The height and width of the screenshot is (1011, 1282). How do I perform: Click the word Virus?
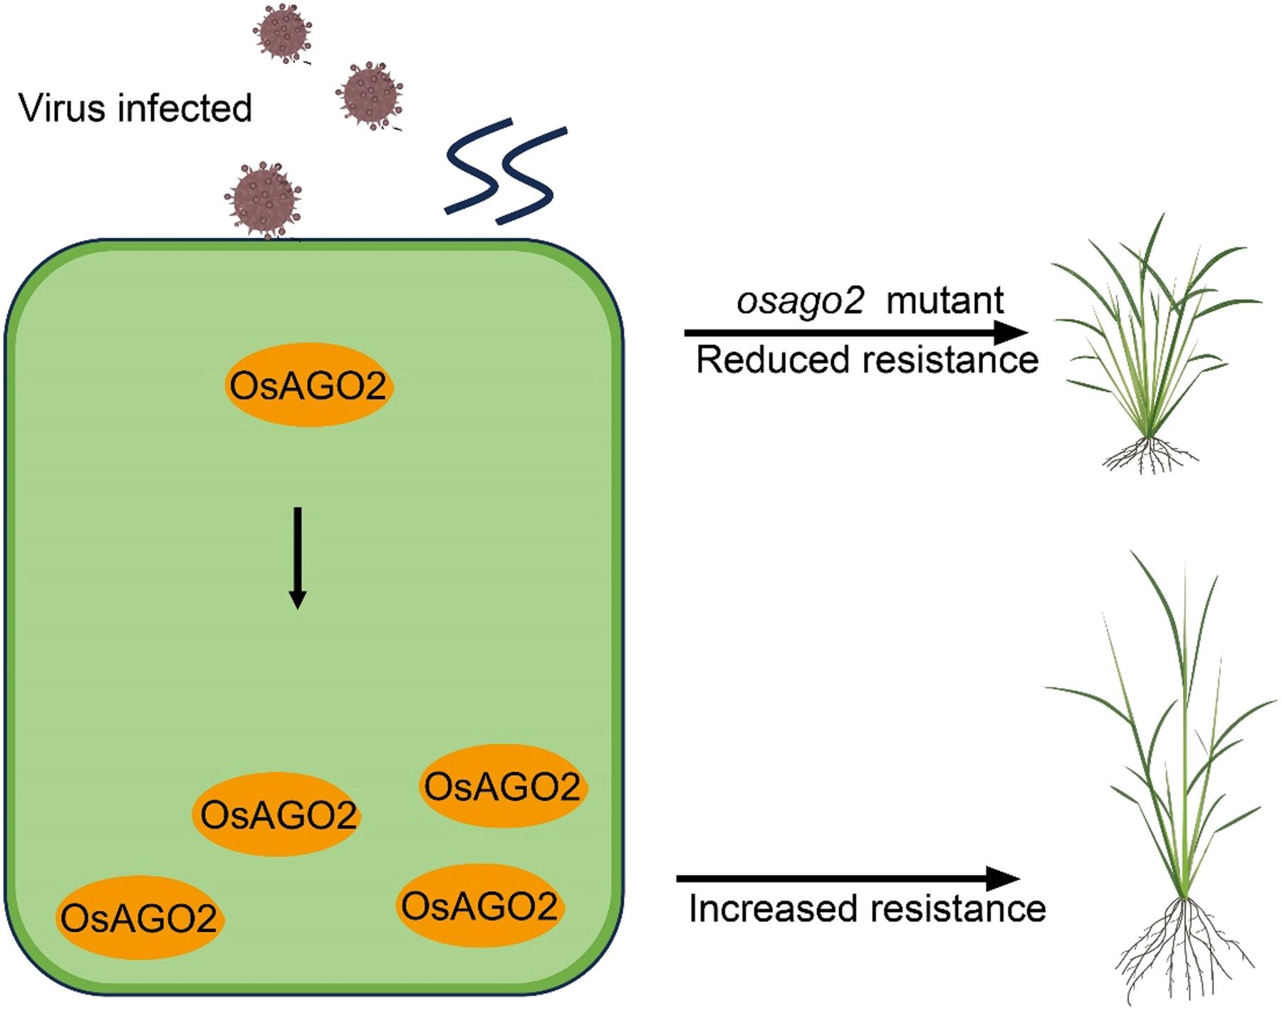(x=63, y=108)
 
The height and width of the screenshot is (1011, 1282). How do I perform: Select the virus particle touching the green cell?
(x=263, y=200)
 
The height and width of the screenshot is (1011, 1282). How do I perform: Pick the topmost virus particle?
(x=283, y=33)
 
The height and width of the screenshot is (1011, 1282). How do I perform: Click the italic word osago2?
(x=800, y=301)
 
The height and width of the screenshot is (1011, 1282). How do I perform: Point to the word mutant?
(x=944, y=301)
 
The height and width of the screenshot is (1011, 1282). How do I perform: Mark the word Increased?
(x=773, y=909)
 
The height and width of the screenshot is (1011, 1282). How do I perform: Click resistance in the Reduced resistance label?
(x=951, y=359)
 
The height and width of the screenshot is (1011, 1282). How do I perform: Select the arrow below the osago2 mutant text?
(x=855, y=332)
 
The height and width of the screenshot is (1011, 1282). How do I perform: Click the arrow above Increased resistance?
(x=848, y=879)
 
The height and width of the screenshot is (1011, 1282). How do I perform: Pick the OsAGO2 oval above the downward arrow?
(x=308, y=385)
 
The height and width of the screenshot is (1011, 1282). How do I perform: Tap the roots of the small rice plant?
(x=1148, y=455)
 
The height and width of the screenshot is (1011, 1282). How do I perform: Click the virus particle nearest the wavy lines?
(x=369, y=95)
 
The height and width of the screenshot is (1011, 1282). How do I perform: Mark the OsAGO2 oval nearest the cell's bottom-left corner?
(x=139, y=918)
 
